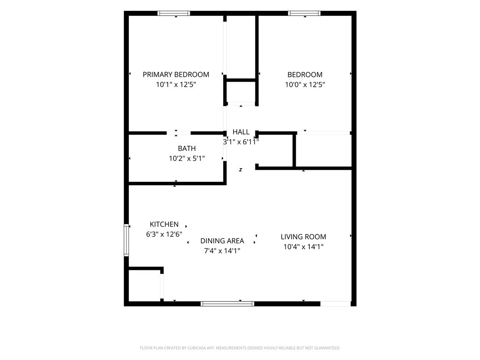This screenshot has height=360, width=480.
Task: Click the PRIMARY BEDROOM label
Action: coord(176,75)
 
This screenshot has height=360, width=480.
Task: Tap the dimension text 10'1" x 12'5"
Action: coord(176,84)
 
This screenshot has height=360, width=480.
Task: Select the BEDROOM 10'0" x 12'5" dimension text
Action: coord(305,84)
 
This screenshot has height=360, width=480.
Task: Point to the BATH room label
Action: coord(187,149)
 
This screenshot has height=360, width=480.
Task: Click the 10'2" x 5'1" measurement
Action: coord(187,158)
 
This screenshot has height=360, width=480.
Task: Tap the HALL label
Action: coord(241,132)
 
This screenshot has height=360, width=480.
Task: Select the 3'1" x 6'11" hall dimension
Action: coord(241,142)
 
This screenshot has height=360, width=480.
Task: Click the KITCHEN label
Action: coord(164,224)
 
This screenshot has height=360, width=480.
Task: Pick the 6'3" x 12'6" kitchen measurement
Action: coord(164,234)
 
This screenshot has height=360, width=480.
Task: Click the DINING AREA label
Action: coord(222,241)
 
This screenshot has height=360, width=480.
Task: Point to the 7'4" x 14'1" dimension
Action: coord(222,251)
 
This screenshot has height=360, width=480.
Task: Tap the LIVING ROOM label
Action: coord(303,237)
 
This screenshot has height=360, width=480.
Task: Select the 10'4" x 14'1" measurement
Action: coord(303,247)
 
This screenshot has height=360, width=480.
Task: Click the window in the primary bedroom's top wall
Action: coord(174,13)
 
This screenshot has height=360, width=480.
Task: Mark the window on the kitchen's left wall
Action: coord(126,240)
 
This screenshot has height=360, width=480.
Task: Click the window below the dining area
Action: coord(227,304)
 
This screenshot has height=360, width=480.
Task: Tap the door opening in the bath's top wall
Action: coord(179,133)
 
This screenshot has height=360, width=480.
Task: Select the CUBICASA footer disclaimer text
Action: coord(240,348)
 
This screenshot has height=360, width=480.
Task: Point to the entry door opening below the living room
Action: coord(336,304)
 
